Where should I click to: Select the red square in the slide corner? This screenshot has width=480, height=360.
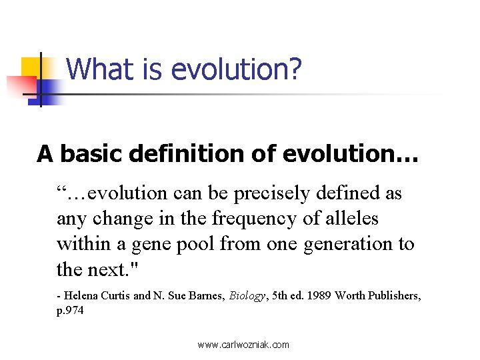[x=20, y=86]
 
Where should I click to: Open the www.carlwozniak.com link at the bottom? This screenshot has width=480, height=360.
[x=243, y=345]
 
